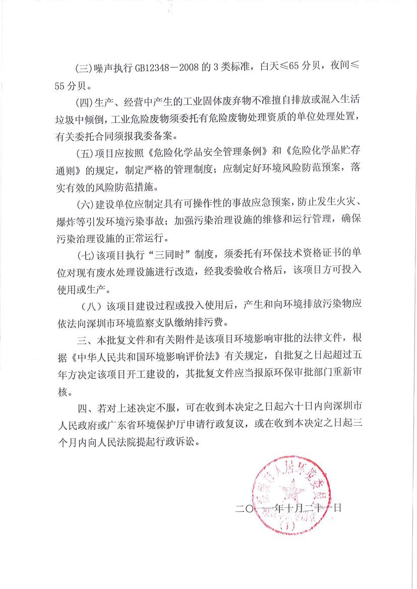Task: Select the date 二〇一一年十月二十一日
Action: (x=288, y=508)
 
